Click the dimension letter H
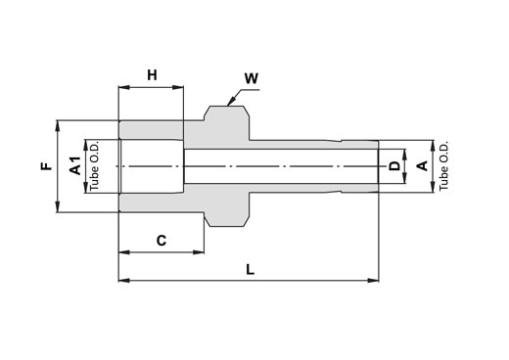point(152,75)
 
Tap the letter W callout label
point(252,78)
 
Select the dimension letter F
point(47,166)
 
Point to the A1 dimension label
point(75,165)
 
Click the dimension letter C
point(162,241)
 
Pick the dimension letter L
point(250,270)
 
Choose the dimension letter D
point(394,166)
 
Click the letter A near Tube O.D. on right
point(423,166)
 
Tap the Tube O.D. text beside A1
point(94,166)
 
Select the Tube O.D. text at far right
point(443,166)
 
